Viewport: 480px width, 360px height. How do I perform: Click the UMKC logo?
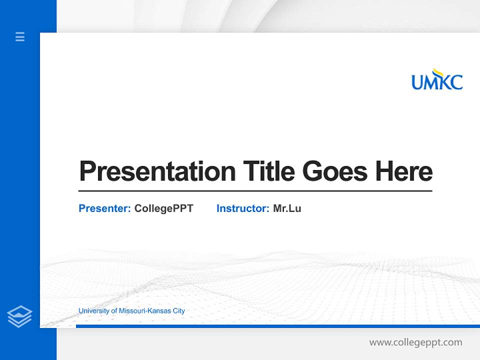tap(437, 80)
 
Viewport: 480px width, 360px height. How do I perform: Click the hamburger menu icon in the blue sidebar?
tap(20, 36)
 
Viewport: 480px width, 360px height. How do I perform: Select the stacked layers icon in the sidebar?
tap(19, 316)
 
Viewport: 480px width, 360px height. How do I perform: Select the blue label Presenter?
tap(105, 208)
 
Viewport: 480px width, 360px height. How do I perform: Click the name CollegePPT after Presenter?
tap(163, 208)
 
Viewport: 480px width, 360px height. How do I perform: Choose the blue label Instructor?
tap(243, 208)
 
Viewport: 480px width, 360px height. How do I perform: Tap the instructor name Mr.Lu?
tap(287, 208)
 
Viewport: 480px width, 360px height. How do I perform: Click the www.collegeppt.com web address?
tap(415, 342)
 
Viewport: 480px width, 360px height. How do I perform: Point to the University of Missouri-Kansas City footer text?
tap(131, 311)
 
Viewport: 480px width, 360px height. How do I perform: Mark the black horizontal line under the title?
tap(255, 191)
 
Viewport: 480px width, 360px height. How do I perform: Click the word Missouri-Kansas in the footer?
tap(144, 311)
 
